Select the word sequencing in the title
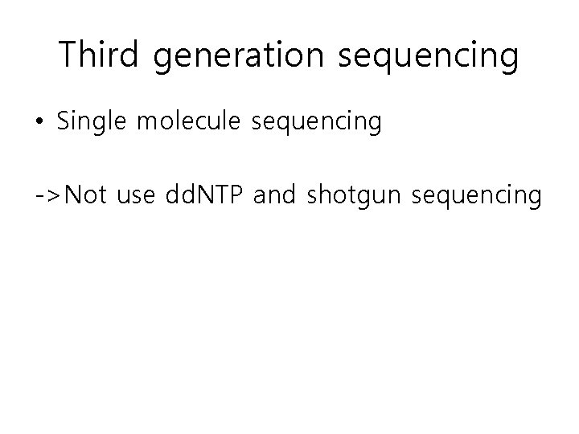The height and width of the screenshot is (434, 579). [430, 56]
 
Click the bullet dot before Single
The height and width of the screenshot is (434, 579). [40, 123]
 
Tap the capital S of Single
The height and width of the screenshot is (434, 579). [64, 123]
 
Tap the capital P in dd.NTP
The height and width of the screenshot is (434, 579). [237, 195]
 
